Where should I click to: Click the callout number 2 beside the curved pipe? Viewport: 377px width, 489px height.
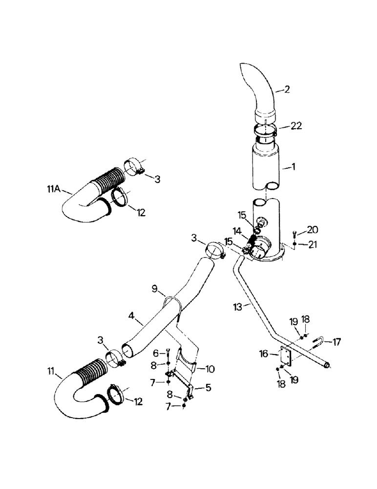pyautogui.click(x=287, y=89)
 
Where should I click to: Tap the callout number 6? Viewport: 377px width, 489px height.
pyautogui.click(x=155, y=352)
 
